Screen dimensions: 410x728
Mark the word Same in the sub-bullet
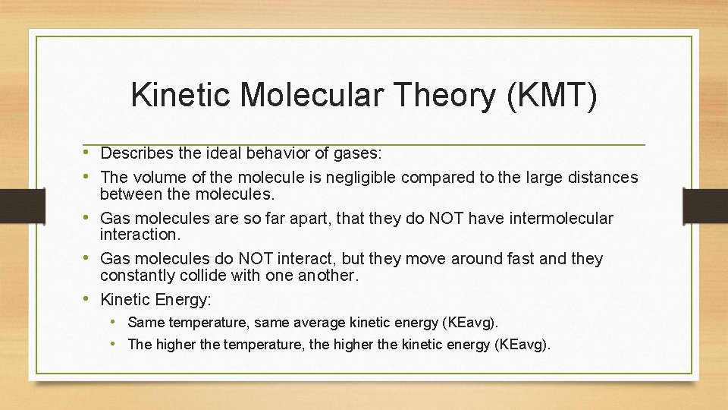(x=144, y=323)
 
